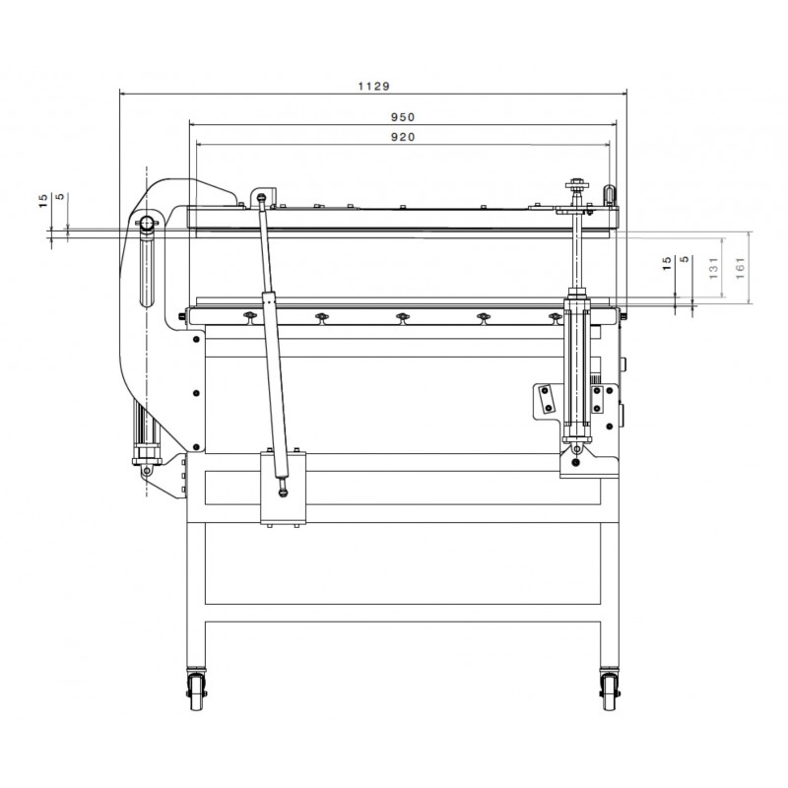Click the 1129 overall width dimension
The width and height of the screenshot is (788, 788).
point(373,86)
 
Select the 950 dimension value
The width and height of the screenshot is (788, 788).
point(403,117)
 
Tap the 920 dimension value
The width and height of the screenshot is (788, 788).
point(403,137)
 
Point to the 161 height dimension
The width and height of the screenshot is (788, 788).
point(741,268)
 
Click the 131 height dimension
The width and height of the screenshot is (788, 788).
point(713,268)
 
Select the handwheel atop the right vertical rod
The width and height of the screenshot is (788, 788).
point(577,186)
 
